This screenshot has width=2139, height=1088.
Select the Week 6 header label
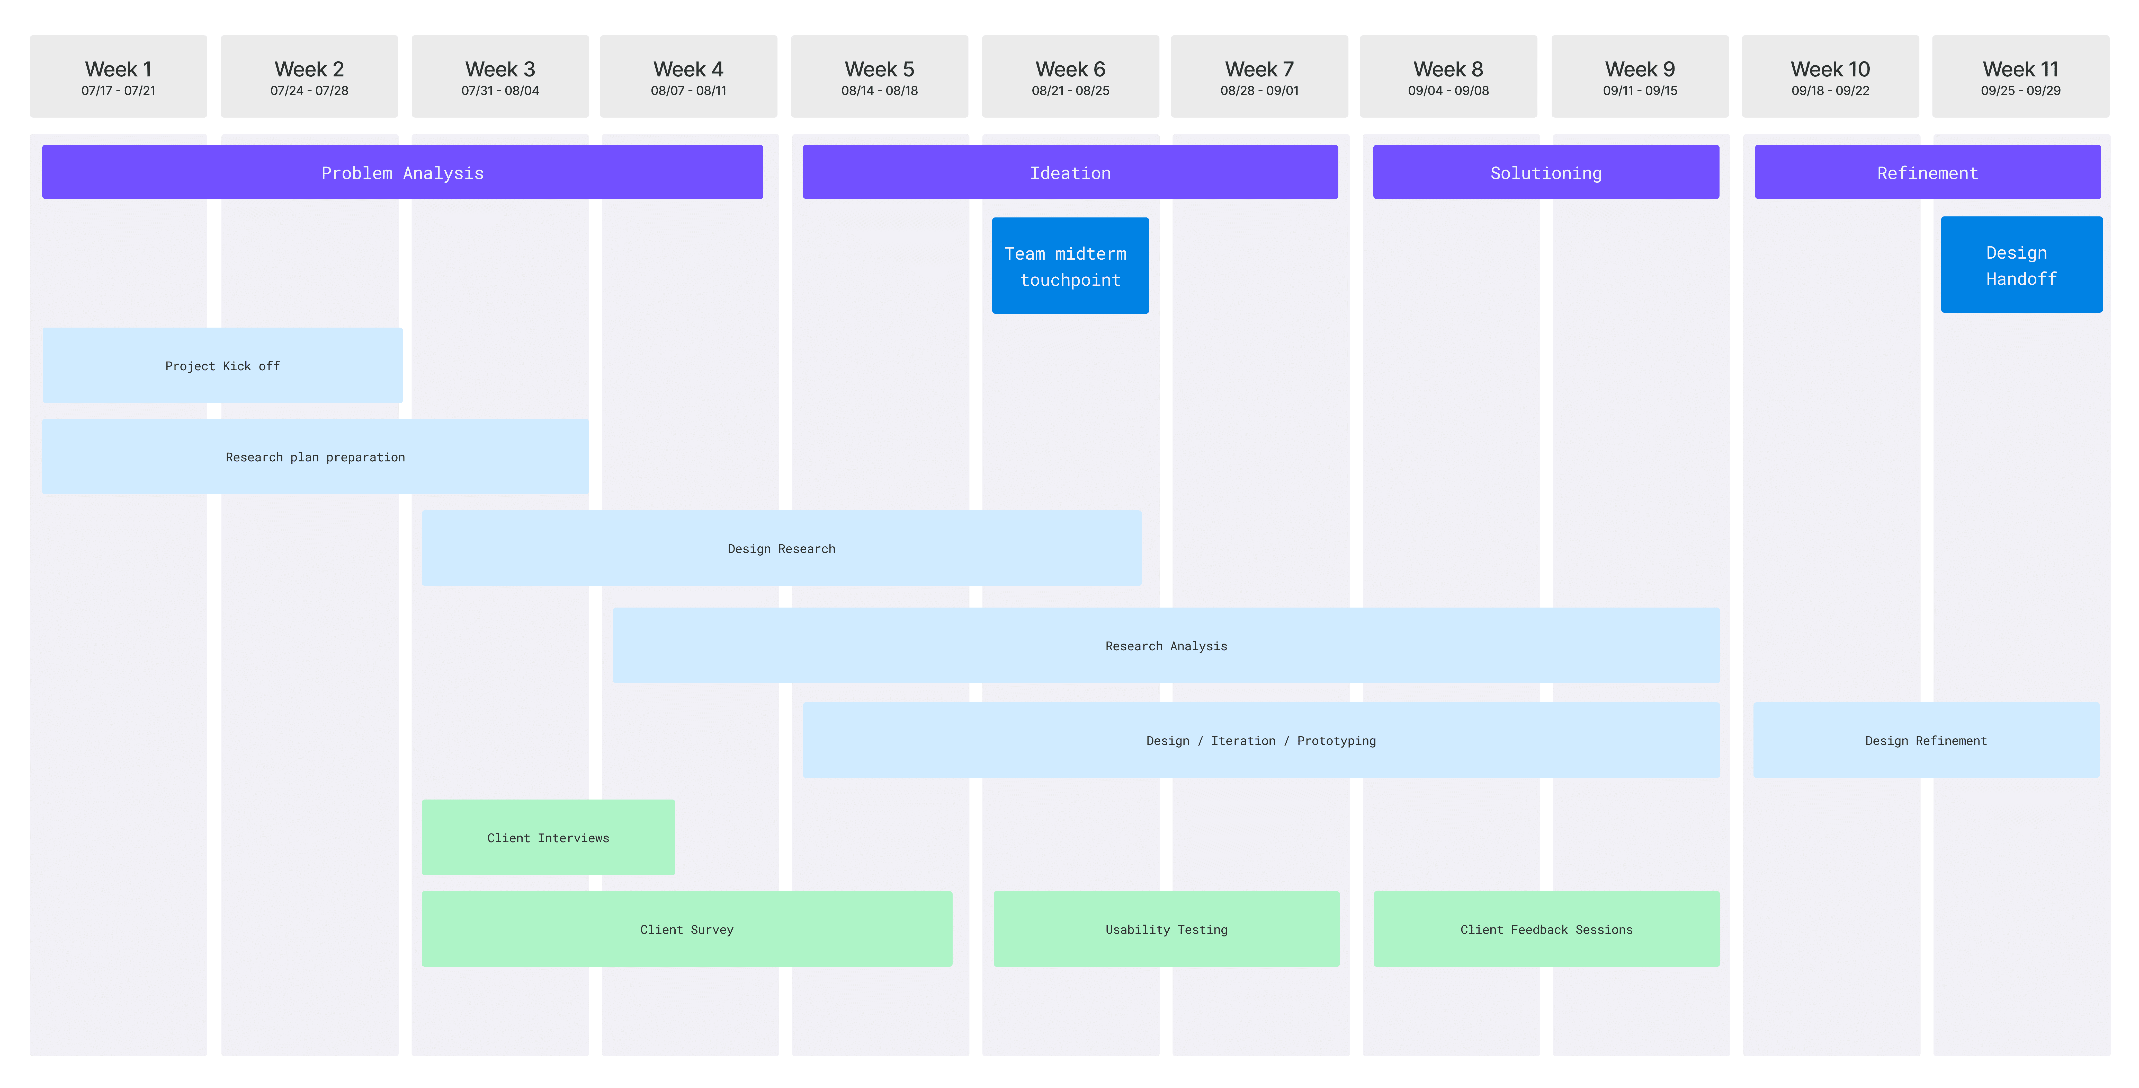[x=1070, y=69]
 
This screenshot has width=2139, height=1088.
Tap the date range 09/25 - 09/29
[x=2020, y=91]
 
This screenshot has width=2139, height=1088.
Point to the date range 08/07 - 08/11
[x=688, y=91]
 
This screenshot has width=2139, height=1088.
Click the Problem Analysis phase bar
[x=403, y=172]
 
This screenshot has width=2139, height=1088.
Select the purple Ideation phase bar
[x=1070, y=172]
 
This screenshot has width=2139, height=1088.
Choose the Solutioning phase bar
[x=1546, y=172]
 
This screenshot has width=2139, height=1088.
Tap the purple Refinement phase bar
[x=1927, y=172]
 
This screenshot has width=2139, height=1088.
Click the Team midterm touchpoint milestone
[x=1070, y=266]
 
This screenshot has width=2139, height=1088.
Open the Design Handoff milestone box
[x=2021, y=265]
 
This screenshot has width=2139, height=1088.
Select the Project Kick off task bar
[x=222, y=365]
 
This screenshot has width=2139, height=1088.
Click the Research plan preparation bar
[x=316, y=457]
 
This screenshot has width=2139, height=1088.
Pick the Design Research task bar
[x=781, y=548]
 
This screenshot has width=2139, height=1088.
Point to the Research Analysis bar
[x=1166, y=645]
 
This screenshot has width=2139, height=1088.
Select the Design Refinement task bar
[x=1926, y=740]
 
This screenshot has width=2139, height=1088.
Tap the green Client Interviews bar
[x=548, y=837]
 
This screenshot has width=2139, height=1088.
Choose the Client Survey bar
[x=687, y=928]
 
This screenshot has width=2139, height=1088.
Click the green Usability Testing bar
[x=1167, y=928]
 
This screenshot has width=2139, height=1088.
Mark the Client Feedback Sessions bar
[x=1546, y=928]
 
